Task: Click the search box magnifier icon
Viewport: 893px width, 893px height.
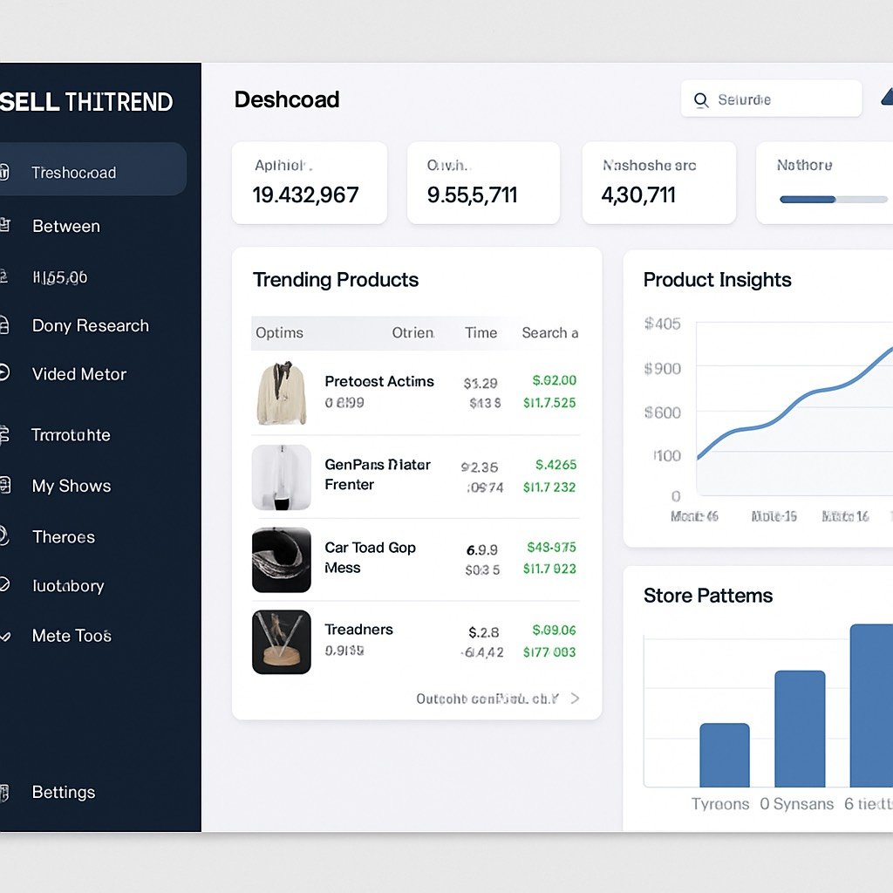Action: point(701,100)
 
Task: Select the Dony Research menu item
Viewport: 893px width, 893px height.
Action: point(90,325)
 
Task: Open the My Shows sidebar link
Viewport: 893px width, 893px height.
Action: point(72,486)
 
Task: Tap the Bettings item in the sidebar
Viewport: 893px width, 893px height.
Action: point(64,792)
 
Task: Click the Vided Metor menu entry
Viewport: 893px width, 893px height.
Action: point(79,374)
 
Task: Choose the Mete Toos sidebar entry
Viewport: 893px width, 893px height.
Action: point(72,636)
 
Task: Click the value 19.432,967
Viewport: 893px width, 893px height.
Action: point(305,194)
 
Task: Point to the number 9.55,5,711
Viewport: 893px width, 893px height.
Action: point(472,194)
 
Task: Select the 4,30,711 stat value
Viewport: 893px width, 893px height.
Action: point(638,194)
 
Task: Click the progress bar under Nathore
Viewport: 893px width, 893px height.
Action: point(833,200)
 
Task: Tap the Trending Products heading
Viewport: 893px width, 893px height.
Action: point(336,280)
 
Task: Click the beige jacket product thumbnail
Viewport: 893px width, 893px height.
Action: point(281,393)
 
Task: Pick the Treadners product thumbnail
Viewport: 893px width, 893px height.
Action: point(281,642)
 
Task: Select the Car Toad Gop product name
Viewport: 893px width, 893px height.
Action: point(370,548)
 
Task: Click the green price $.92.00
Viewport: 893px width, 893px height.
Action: point(555,380)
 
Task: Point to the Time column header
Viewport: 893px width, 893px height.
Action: point(481,332)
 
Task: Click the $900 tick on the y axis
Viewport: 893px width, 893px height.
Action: point(662,369)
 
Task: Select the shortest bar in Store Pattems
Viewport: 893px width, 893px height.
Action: point(724,755)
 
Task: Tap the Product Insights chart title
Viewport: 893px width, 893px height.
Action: point(717,280)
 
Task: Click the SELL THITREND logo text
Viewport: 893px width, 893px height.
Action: point(86,102)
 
